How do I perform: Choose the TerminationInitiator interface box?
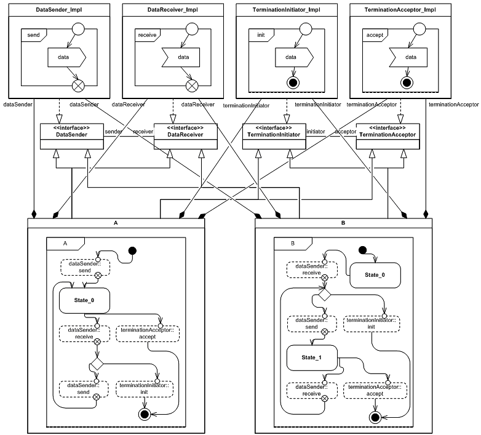274,135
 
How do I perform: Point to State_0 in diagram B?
375,275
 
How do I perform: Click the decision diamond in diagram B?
324,295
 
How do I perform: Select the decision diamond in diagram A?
97,364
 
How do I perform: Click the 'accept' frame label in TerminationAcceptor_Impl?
374,35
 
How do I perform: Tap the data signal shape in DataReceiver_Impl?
179,58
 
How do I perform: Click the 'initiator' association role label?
316,132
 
